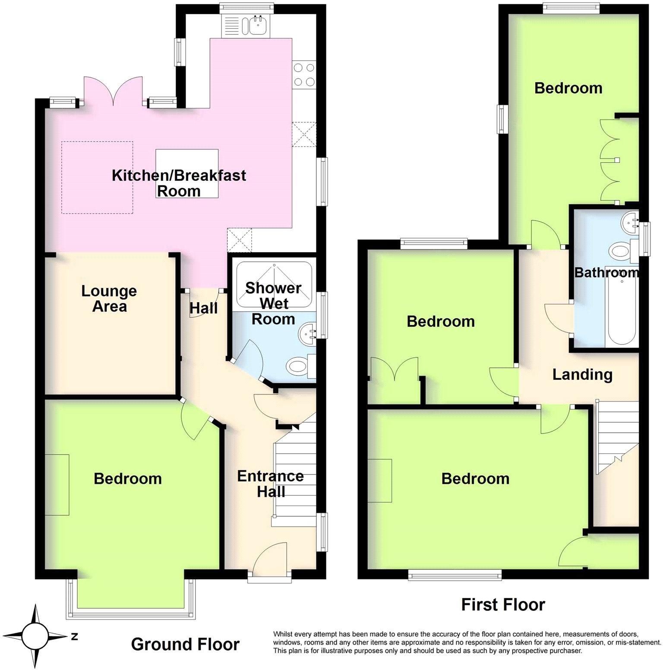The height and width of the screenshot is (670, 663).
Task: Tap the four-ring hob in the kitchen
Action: (x=304, y=75)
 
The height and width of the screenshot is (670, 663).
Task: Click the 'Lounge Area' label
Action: (x=109, y=298)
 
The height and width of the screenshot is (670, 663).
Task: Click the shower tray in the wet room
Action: (x=274, y=285)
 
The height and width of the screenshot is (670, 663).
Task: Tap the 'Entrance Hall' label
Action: (x=271, y=484)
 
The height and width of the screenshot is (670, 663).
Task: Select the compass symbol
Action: (x=35, y=635)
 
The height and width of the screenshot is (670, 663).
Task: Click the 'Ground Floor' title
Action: (x=185, y=644)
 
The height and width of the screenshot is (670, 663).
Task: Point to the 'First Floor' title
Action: (x=503, y=604)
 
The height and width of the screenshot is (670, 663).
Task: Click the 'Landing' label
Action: (x=582, y=374)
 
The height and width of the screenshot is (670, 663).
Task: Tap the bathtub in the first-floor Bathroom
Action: (x=622, y=309)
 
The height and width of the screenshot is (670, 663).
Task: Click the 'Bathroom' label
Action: (x=606, y=272)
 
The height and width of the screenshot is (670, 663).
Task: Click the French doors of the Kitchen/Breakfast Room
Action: (x=113, y=92)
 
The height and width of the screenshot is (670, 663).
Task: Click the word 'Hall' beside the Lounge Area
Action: (x=204, y=308)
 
